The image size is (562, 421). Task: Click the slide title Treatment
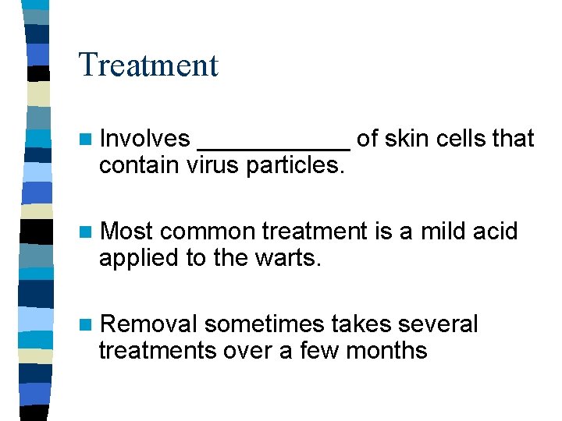coord(148,65)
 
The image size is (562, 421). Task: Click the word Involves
coord(145,139)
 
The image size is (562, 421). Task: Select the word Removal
coord(149,324)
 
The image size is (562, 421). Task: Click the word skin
coord(408,139)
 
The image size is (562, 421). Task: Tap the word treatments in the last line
coord(157,351)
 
